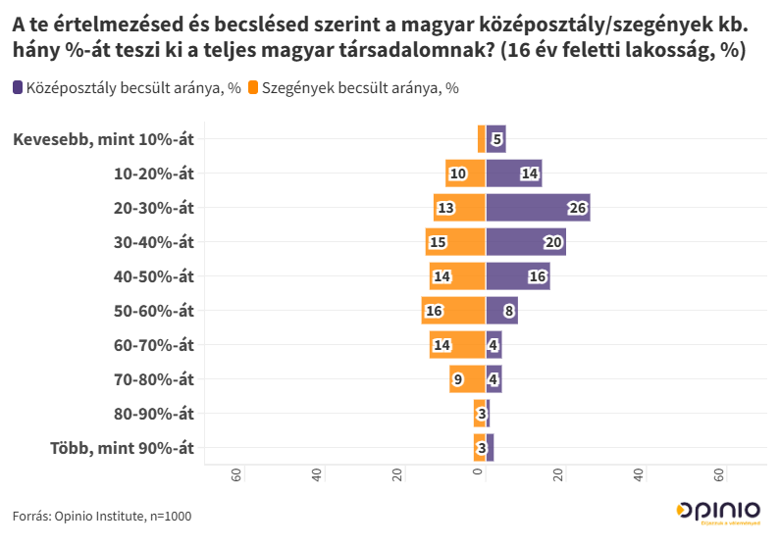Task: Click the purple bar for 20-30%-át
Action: [x=538, y=208]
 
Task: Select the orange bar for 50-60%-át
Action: [x=453, y=311]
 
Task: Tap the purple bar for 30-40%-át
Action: [x=526, y=242]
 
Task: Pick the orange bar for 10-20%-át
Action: [x=465, y=174]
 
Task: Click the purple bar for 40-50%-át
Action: [x=518, y=276]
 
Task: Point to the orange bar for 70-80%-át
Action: [x=468, y=379]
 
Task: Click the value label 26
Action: [x=577, y=208]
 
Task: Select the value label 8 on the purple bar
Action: [x=508, y=311]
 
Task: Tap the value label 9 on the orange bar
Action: [x=458, y=379]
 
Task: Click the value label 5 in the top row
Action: [x=497, y=140]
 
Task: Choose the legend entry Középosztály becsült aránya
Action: [x=128, y=88]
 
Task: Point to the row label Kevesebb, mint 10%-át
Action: [x=103, y=139]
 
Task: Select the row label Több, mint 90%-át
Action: [x=122, y=448]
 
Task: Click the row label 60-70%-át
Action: [x=154, y=345]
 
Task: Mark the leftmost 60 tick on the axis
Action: [x=236, y=474]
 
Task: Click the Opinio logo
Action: [x=718, y=512]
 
